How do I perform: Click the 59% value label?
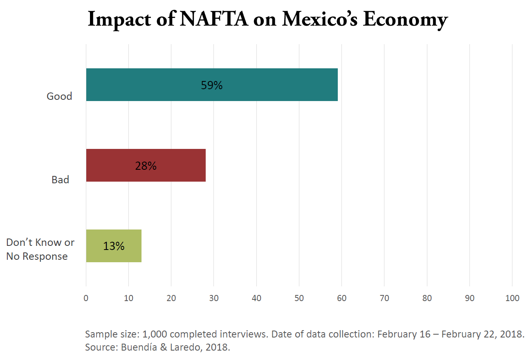coord(211,85)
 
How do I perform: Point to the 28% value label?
coord(146,166)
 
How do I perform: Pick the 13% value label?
coord(114,246)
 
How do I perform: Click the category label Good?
coord(59,97)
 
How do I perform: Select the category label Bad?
coord(61,180)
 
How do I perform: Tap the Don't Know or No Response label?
coord(40,249)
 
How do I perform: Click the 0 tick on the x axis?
coord(86,298)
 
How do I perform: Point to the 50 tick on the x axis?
coord(299,298)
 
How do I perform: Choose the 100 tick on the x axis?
coord(512,298)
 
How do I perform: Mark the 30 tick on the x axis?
coord(214,298)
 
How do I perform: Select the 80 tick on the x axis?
coord(427,298)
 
